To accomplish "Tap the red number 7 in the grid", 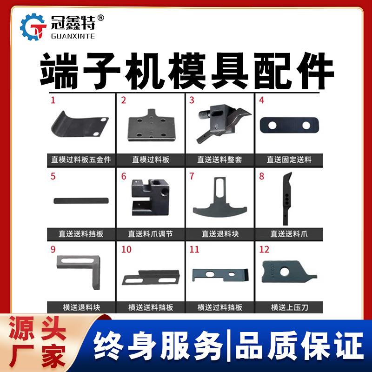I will [x=191, y=176].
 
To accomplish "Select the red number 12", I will [x=264, y=250].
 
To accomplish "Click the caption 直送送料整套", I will [x=219, y=159].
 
